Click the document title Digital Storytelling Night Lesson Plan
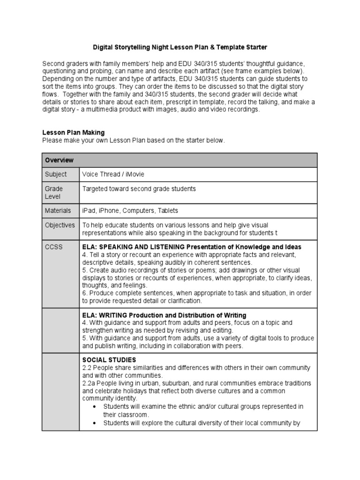180,47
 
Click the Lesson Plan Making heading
74,133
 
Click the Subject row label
56,174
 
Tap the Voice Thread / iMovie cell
113,174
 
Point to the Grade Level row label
54,193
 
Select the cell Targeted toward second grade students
139,189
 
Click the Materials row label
58,210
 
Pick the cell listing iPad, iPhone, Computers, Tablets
130,210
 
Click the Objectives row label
60,225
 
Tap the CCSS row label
53,247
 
